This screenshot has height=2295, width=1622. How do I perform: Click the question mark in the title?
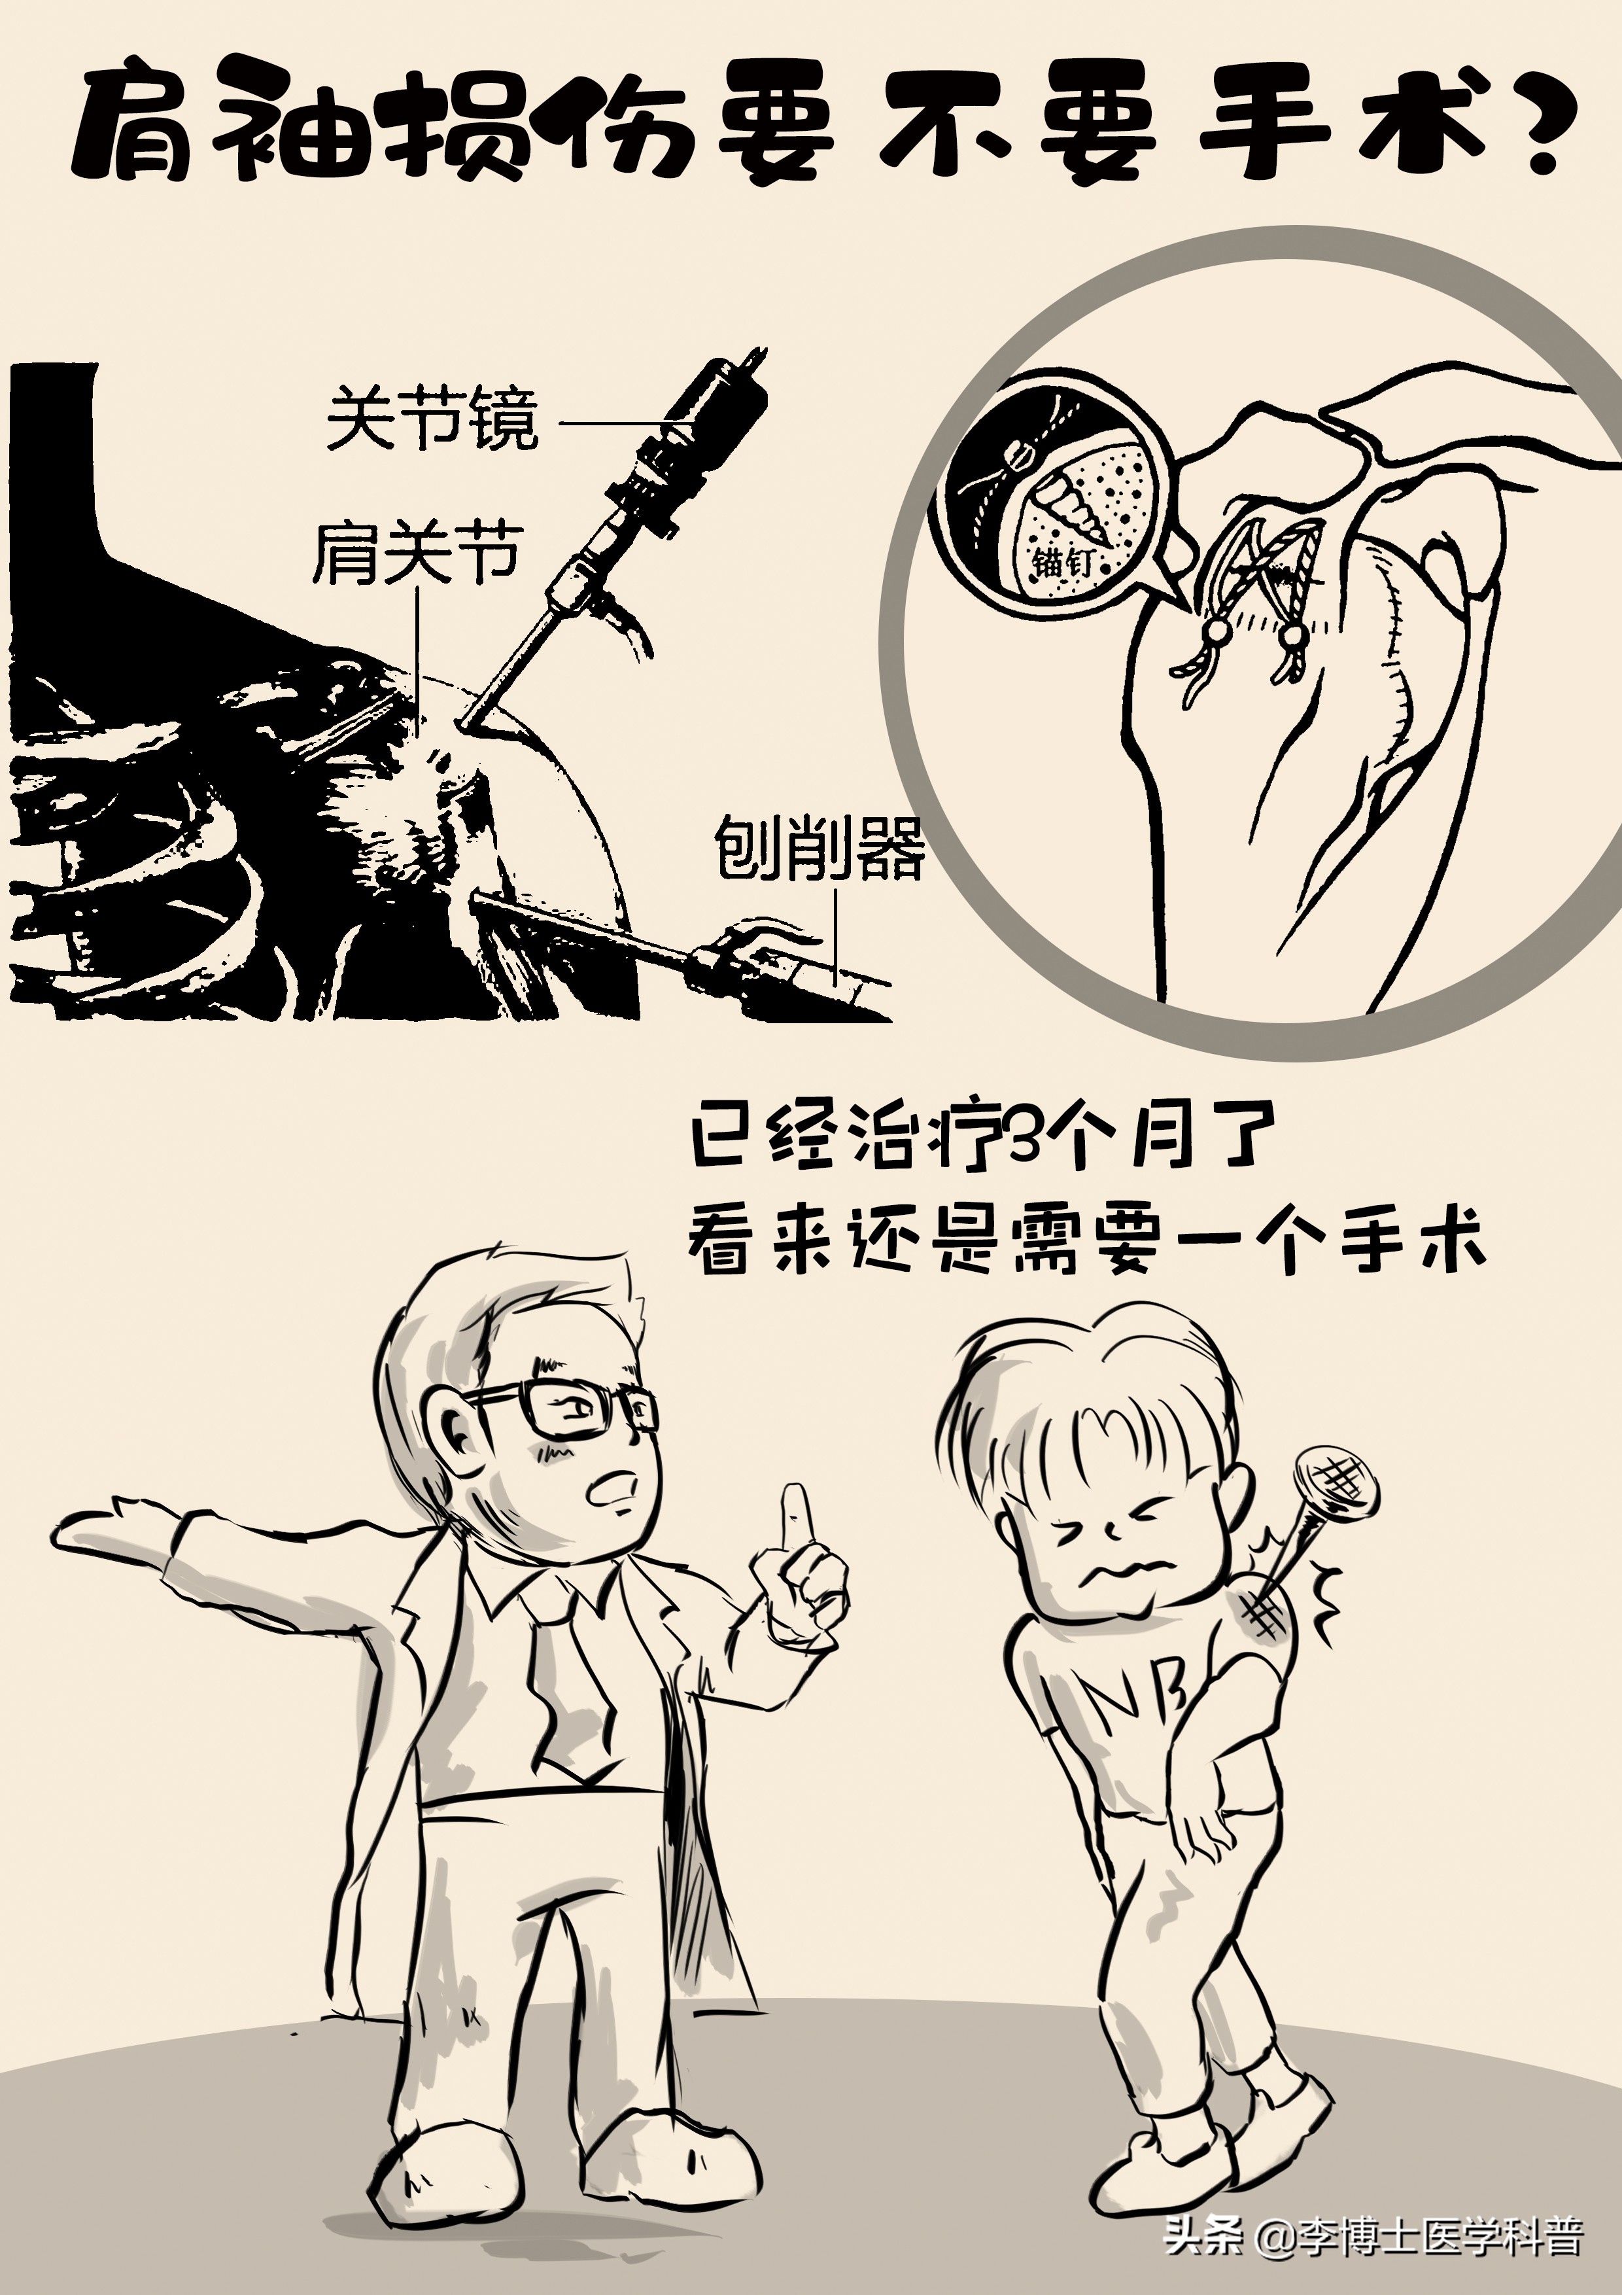tap(1530, 131)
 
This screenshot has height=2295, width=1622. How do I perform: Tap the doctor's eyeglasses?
tap(560, 1409)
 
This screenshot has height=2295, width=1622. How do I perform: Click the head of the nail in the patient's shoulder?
tap(1336, 1479)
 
